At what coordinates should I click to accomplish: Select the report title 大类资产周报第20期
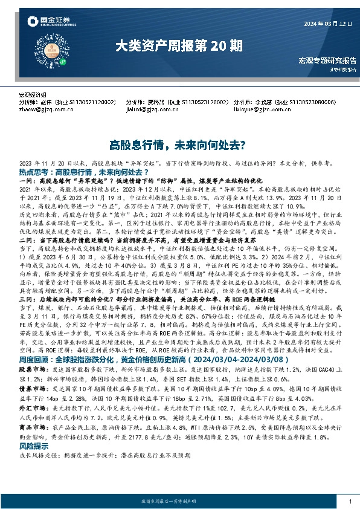(180, 45)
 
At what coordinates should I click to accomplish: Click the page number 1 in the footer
(350, 502)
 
